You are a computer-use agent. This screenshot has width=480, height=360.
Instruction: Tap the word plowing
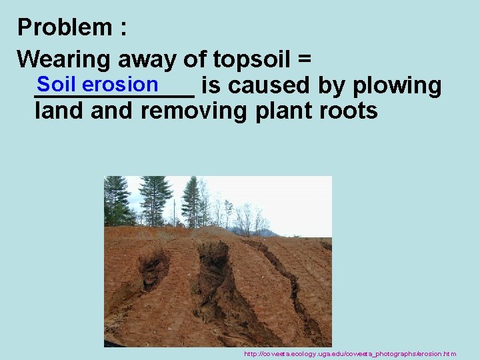(399, 86)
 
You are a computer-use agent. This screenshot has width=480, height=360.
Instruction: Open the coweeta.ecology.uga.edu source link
(350, 353)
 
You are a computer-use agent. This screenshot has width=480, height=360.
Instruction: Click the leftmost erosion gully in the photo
(153, 267)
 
